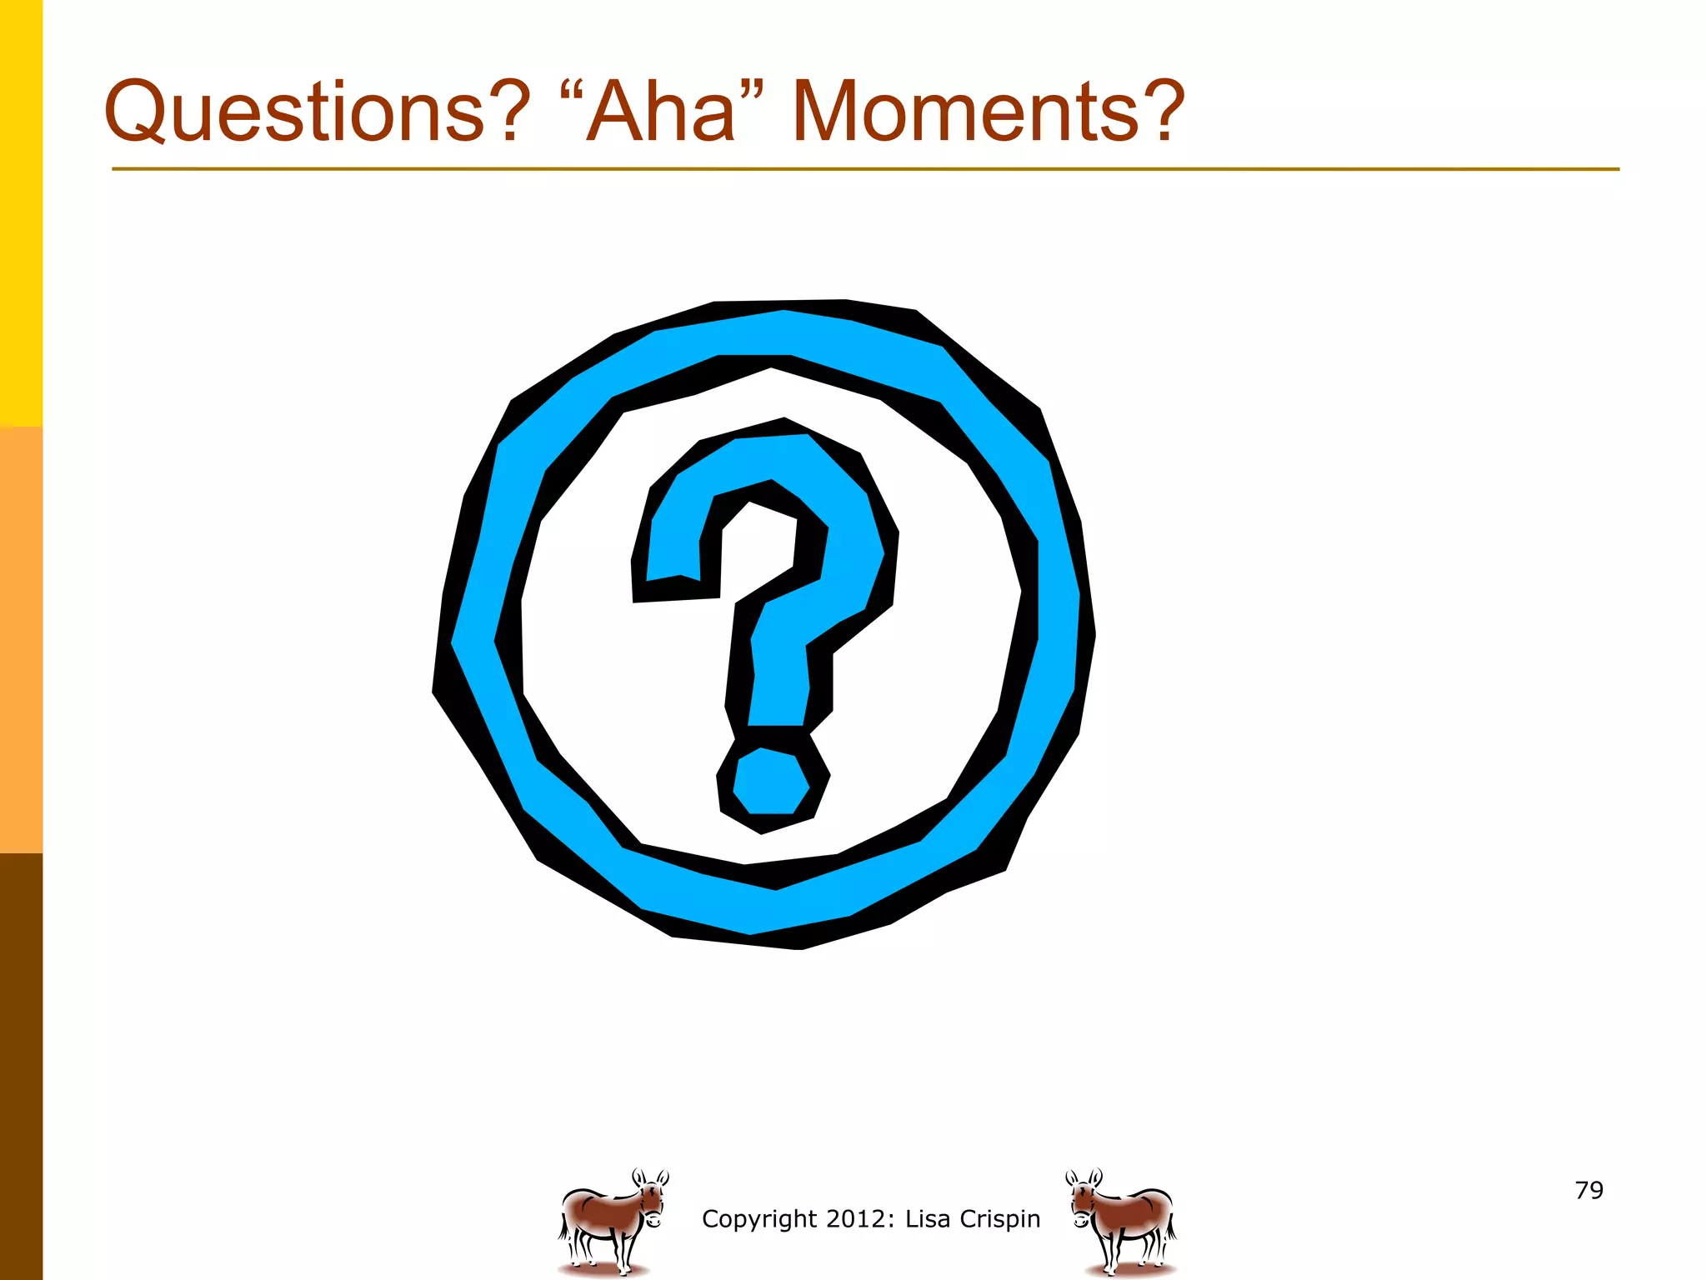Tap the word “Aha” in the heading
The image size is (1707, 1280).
pos(662,112)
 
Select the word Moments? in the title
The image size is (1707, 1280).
pos(988,112)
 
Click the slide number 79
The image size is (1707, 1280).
pos(1589,1190)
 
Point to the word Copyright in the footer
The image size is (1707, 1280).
pos(758,1219)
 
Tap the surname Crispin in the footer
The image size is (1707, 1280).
pos(1000,1218)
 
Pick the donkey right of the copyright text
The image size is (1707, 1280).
pos(1122,1221)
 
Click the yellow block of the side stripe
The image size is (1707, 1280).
pos(21,212)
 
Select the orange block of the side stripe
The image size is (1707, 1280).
pos(21,640)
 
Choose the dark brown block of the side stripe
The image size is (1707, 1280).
pos(21,1067)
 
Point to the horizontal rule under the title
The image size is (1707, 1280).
pos(865,169)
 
